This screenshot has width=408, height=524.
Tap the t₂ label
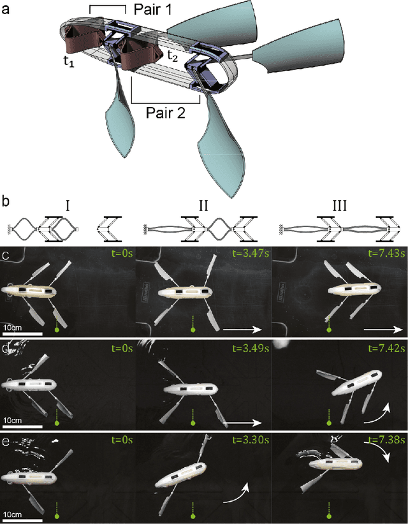click(172, 56)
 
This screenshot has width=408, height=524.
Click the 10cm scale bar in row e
click(22, 514)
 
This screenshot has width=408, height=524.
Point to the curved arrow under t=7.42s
click(374, 412)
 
